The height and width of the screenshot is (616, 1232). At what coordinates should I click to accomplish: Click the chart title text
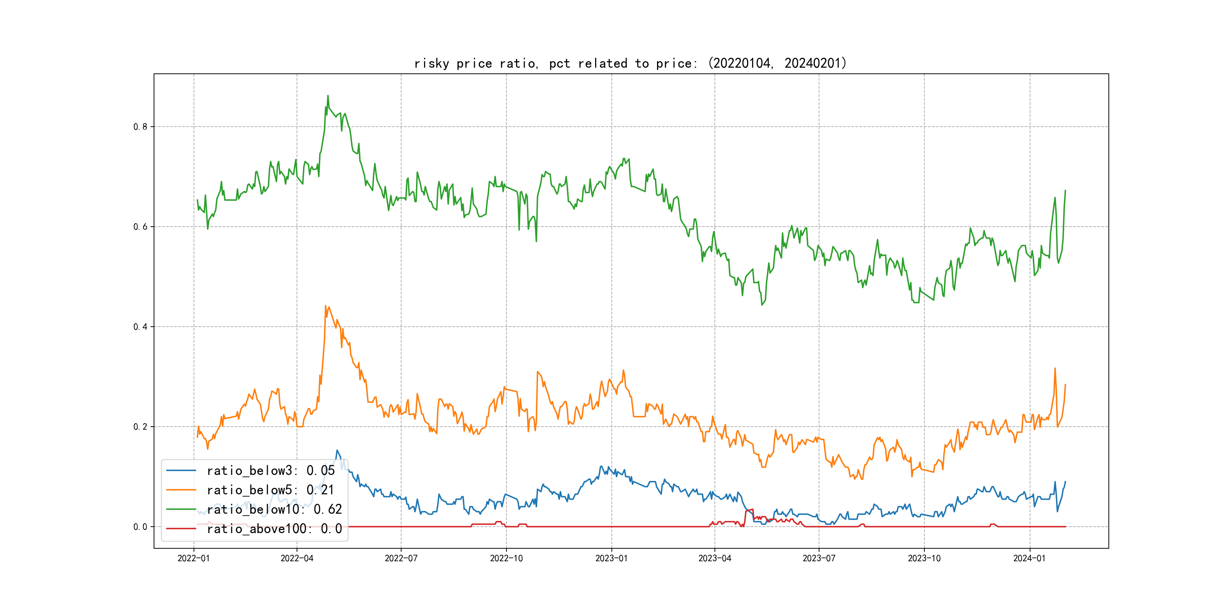(630, 63)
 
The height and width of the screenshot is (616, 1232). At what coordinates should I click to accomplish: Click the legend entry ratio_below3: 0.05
(271, 471)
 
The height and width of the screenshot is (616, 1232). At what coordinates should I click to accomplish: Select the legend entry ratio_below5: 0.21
(270, 490)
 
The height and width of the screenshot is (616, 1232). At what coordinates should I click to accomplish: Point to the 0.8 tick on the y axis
(140, 127)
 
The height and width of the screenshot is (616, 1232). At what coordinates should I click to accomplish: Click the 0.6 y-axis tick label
(140, 227)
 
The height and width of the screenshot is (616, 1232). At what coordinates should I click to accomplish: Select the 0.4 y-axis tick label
(140, 327)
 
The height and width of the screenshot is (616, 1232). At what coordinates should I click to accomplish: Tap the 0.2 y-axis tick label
(140, 427)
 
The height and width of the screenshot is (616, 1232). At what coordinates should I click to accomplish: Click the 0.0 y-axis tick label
(140, 527)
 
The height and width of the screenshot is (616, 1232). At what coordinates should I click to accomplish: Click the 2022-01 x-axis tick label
(194, 558)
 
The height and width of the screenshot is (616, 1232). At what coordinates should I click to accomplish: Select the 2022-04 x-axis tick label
(297, 558)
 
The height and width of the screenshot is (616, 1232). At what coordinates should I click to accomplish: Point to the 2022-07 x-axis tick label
(401, 558)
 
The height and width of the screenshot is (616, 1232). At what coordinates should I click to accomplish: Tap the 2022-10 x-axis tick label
(506, 558)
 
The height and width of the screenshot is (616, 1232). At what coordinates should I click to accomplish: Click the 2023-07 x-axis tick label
(819, 558)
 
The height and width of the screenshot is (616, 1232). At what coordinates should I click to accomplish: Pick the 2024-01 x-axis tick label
(1030, 558)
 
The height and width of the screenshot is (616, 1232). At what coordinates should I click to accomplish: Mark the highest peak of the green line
(328, 96)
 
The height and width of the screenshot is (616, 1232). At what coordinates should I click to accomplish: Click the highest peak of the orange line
(326, 306)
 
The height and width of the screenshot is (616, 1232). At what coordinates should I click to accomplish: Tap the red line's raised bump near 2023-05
(749, 510)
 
